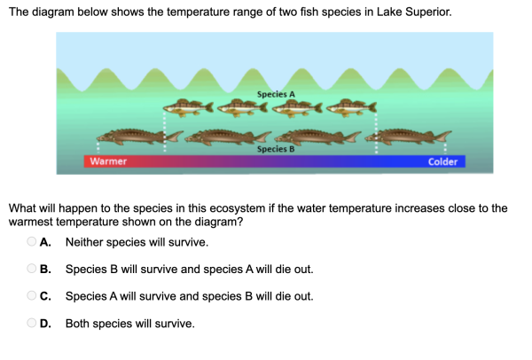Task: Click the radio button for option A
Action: point(32,241)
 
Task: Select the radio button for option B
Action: point(32,269)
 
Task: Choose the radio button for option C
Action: point(32,295)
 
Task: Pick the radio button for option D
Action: point(32,323)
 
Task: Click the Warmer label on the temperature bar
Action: point(108,161)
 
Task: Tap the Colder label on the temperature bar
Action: point(442,162)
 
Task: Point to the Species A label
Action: point(276,94)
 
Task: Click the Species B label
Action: point(276,149)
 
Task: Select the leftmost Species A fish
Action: point(188,107)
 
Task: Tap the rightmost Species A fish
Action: point(351,107)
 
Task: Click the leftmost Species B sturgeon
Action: point(140,137)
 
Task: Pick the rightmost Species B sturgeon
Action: point(408,137)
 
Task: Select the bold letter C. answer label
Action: point(45,296)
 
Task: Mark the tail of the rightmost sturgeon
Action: point(442,136)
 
